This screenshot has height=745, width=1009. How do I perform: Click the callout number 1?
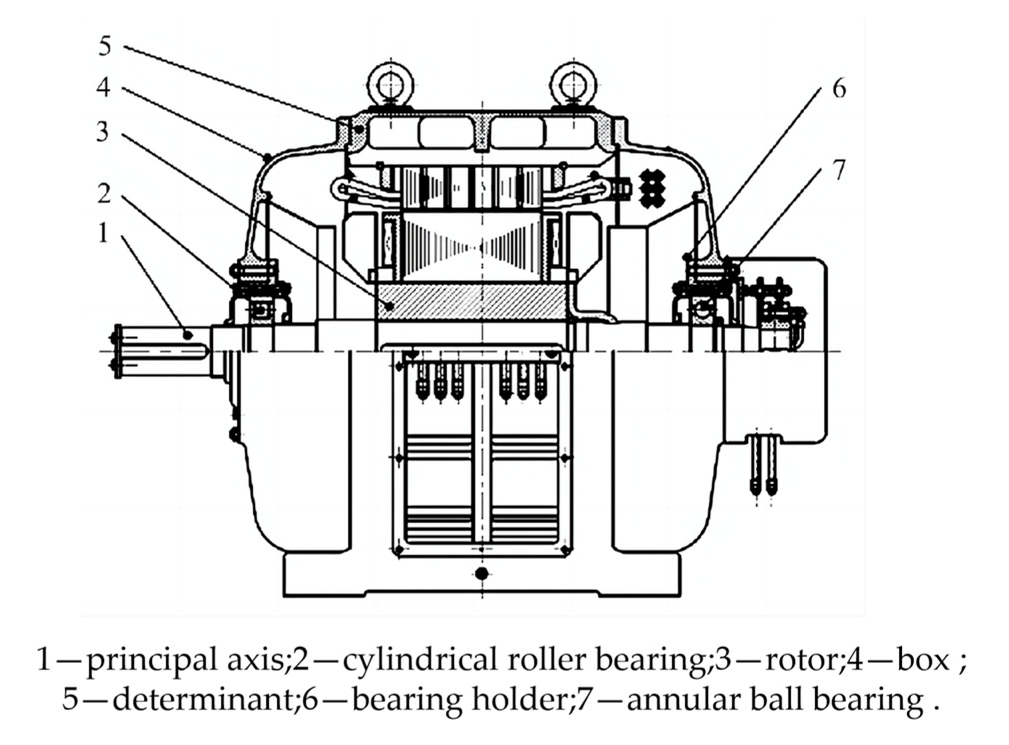(x=103, y=233)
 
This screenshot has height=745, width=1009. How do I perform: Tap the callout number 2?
(x=103, y=193)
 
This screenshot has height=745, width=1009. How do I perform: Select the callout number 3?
(x=102, y=131)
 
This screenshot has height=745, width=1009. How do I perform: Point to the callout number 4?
(x=103, y=87)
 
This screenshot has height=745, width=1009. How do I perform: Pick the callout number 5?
(x=104, y=46)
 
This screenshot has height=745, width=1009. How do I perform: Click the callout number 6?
(x=839, y=89)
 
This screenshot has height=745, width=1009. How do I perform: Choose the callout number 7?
(x=839, y=170)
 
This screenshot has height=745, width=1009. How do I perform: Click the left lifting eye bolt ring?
(x=390, y=83)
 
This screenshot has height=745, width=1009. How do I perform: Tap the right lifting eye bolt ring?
(x=573, y=83)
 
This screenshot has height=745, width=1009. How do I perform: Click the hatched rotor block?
(x=472, y=302)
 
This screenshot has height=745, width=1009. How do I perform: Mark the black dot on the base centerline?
(x=481, y=573)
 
